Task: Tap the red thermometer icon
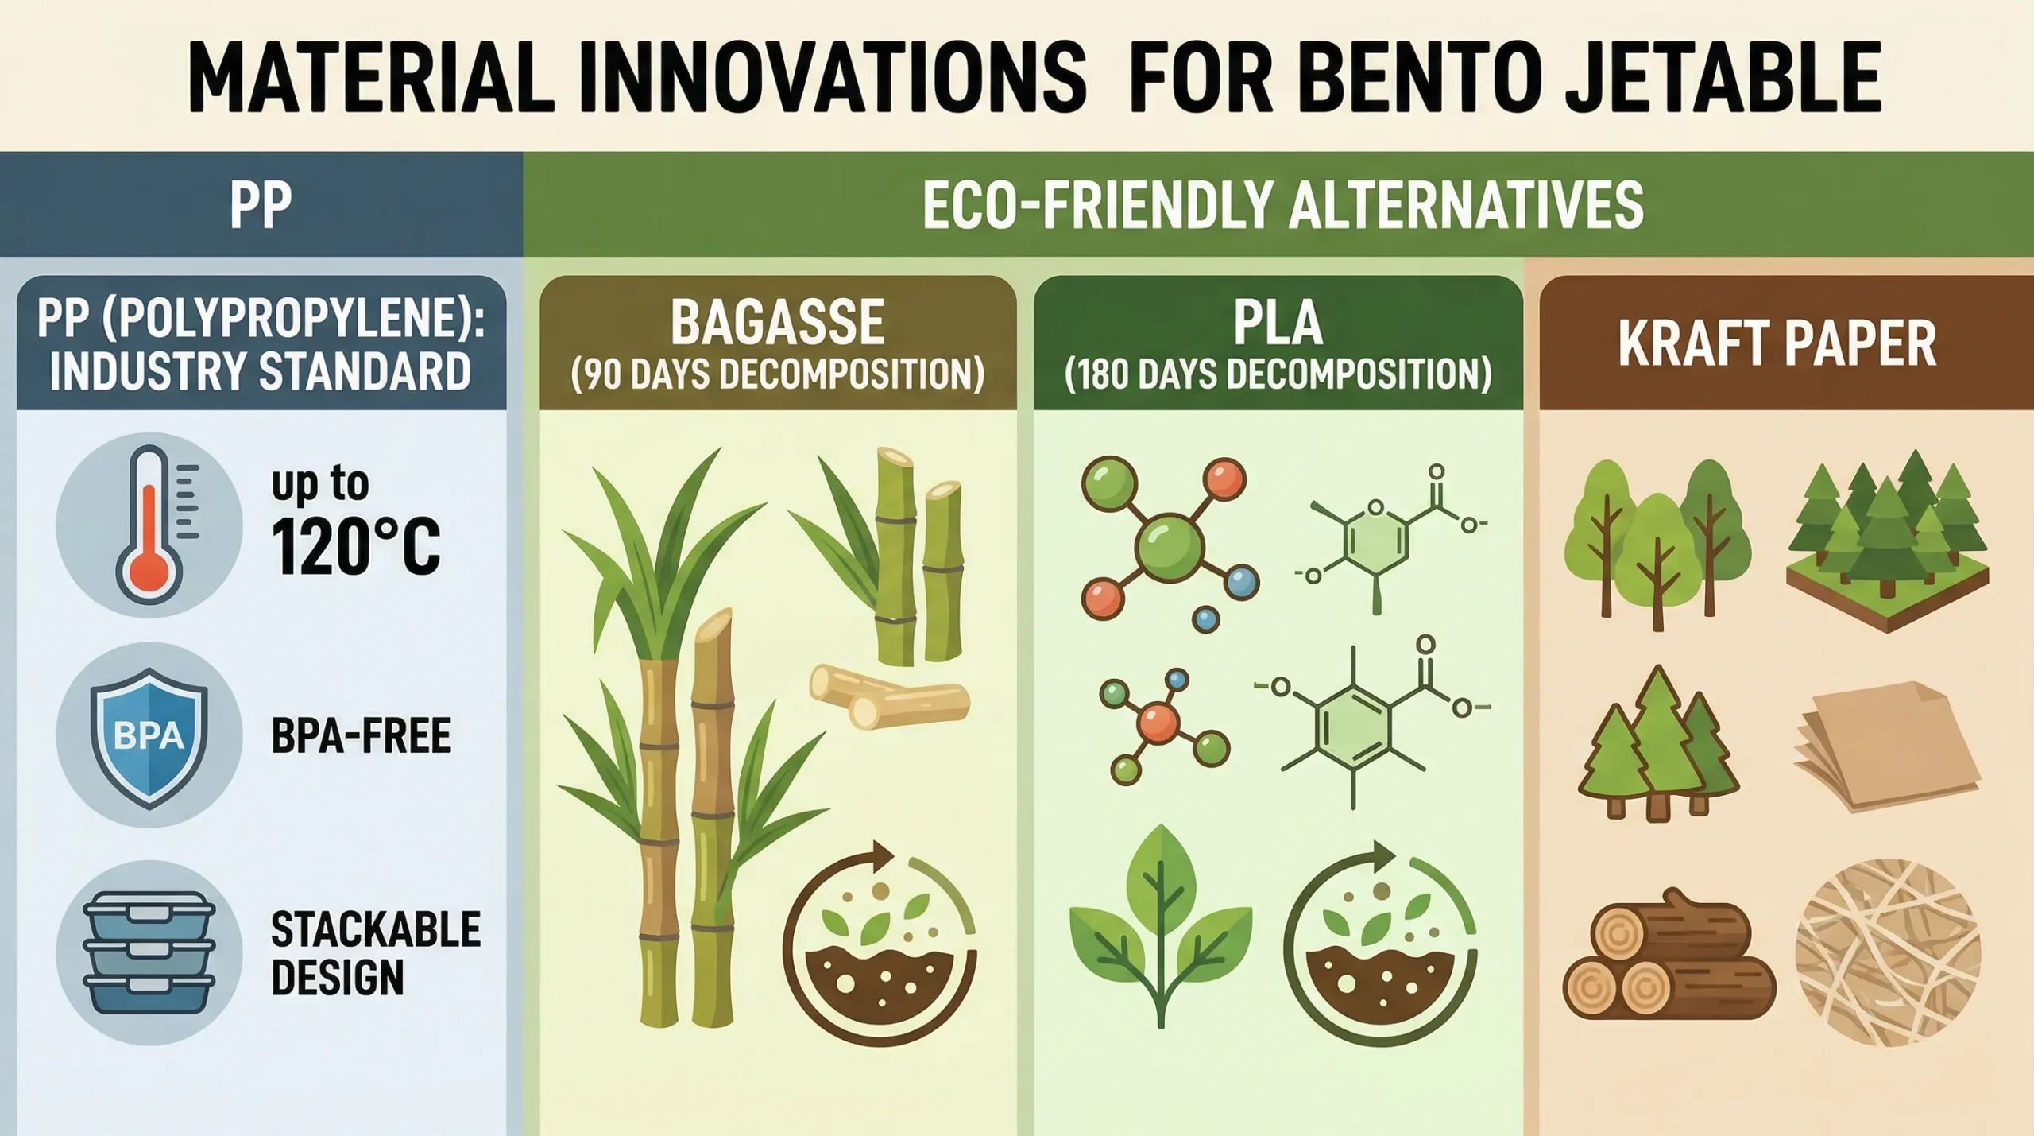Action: [x=149, y=525]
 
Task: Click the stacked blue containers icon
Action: [x=149, y=963]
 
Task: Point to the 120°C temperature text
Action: [x=355, y=547]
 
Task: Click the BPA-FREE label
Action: [x=362, y=735]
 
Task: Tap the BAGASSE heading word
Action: [x=777, y=322]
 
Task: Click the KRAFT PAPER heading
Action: [x=1777, y=343]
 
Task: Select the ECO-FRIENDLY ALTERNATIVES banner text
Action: [x=1282, y=204]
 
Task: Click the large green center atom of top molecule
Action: [x=1170, y=545]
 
